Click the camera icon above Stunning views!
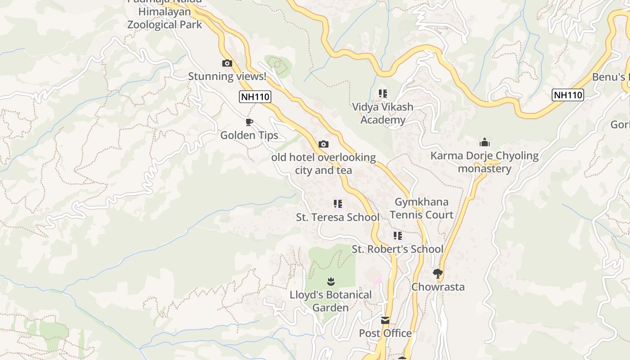[x=227, y=63]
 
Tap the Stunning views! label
[x=227, y=76]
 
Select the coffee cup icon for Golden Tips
[x=249, y=122]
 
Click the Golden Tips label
[x=249, y=135]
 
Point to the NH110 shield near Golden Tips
[x=255, y=97]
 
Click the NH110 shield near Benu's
[x=568, y=95]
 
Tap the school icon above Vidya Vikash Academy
[x=383, y=94]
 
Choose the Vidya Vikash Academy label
[x=382, y=113]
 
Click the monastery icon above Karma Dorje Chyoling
[x=485, y=143]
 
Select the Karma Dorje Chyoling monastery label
[x=485, y=162]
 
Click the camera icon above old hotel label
[x=323, y=144]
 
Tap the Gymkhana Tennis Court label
[x=422, y=208]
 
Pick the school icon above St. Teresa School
[x=338, y=204]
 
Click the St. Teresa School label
[x=337, y=217]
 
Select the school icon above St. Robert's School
[x=398, y=236]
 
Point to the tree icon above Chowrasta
[x=437, y=273]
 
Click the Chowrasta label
[x=438, y=287]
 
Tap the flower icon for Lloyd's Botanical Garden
[x=331, y=282]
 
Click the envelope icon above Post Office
[x=385, y=320]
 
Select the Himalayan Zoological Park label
[x=165, y=18]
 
